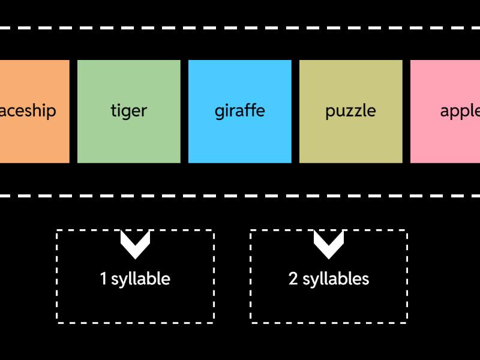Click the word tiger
129,111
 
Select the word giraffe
239,111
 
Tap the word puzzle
350,111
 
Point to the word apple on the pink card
460,111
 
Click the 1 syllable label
135,279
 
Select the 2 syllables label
329,279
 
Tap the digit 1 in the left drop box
103,279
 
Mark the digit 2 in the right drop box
293,279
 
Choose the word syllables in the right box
335,280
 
